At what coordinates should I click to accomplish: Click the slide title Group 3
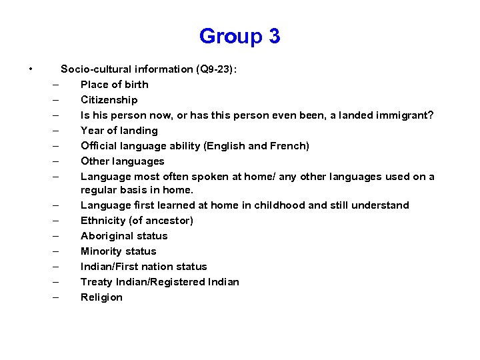click(x=239, y=35)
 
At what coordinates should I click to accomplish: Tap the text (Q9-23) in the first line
click(x=215, y=69)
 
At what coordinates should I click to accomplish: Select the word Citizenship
click(x=109, y=100)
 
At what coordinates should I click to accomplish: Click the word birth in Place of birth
click(x=136, y=85)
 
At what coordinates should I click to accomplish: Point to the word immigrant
click(x=402, y=115)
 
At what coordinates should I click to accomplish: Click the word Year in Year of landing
click(x=92, y=131)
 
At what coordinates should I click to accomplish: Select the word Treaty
click(x=97, y=282)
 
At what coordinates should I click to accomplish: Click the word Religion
click(x=101, y=297)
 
